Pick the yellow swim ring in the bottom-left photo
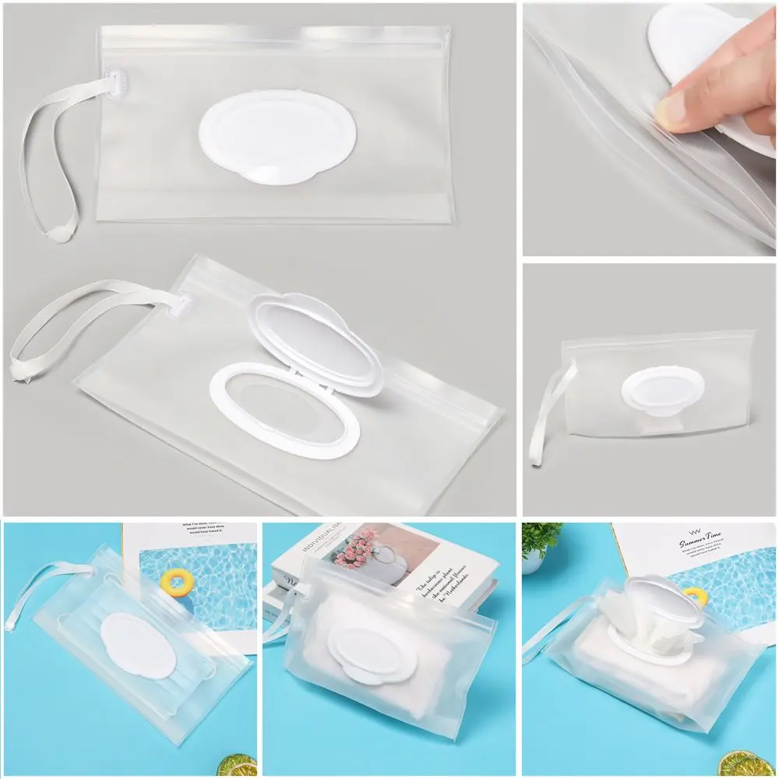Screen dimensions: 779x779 (x=174, y=581)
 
